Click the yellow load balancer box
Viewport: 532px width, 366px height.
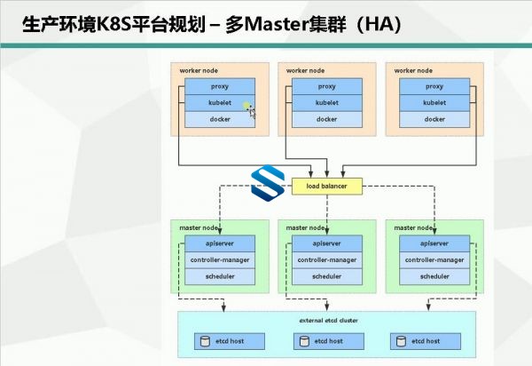327,187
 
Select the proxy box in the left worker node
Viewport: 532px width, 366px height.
220,87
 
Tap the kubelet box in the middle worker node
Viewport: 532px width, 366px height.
327,103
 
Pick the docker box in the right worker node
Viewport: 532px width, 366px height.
434,119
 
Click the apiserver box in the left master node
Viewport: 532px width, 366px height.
220,243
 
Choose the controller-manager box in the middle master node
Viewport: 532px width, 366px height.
327,260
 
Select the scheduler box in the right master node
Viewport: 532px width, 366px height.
434,276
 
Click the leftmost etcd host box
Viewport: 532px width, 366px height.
230,341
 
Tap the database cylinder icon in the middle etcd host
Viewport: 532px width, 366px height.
304,341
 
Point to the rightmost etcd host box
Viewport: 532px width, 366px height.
426,341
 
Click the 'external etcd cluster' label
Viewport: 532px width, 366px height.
328,321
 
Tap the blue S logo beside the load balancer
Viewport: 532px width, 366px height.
268,183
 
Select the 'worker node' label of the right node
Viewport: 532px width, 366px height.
413,71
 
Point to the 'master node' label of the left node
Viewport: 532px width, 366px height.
199,227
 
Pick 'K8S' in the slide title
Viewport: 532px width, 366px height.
114,25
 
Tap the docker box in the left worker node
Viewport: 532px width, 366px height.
220,119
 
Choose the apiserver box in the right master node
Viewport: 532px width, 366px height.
434,243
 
